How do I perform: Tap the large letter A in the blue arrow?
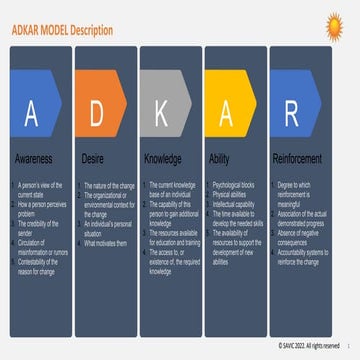pos(30,112)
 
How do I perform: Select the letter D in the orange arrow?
pos(97,112)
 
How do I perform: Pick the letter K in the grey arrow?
pos(160,112)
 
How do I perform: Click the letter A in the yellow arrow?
pos(226,112)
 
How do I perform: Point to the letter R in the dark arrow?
pos(292,112)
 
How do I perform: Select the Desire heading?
pos(93,158)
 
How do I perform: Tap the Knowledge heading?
pos(164,158)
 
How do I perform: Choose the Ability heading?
pos(221,158)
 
